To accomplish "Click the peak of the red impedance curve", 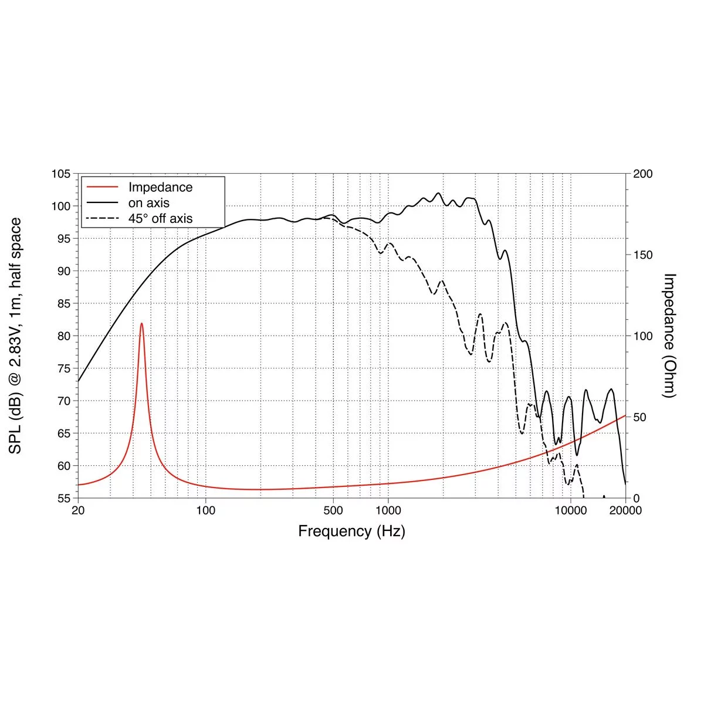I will click(141, 323).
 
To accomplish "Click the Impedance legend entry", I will click(160, 187).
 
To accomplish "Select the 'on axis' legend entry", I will click(149, 203).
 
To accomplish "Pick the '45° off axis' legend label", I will click(160, 219).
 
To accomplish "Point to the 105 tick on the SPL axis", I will click(60, 174).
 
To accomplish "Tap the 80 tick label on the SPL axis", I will click(63, 336).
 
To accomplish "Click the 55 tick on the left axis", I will click(63, 499).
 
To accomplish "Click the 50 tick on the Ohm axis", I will click(640, 417).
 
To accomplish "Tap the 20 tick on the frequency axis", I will click(78, 510).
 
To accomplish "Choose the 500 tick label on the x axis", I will click(333, 510).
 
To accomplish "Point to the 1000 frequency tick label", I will click(387, 510).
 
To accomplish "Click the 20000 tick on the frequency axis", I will click(625, 510).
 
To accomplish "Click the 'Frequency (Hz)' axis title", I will click(351, 532).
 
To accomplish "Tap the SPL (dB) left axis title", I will click(16, 336).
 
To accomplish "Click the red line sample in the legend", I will click(103, 187).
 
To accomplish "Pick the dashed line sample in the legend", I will click(103, 219).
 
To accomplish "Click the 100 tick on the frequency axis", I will click(205, 510).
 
